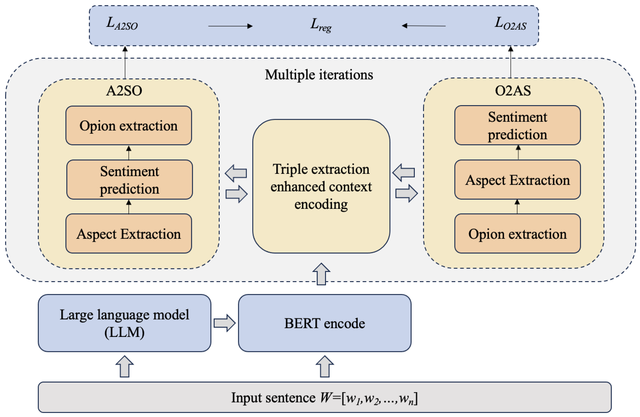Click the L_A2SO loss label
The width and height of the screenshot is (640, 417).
pyautogui.click(x=122, y=24)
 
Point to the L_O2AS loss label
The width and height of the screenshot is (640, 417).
pyautogui.click(x=510, y=23)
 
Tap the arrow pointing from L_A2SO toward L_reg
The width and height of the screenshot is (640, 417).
pyautogui.click(x=230, y=26)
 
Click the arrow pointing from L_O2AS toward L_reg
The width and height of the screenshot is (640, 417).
pyautogui.click(x=424, y=26)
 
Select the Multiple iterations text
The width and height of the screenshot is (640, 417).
pyautogui.click(x=319, y=75)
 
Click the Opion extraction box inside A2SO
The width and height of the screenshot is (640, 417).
pyautogui.click(x=128, y=126)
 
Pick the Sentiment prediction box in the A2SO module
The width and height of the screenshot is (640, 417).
pyautogui.click(x=129, y=180)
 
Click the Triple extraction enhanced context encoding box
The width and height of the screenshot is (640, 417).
pyautogui.click(x=321, y=186)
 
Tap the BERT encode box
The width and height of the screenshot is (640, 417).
pyautogui.click(x=324, y=323)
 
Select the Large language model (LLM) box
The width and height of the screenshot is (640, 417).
pyautogui.click(x=124, y=323)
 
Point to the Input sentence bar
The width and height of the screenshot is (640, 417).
pyautogui.click(x=324, y=397)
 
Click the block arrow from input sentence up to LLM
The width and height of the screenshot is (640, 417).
pyautogui.click(x=124, y=367)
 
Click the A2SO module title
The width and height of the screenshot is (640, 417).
pyautogui.click(x=124, y=91)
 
